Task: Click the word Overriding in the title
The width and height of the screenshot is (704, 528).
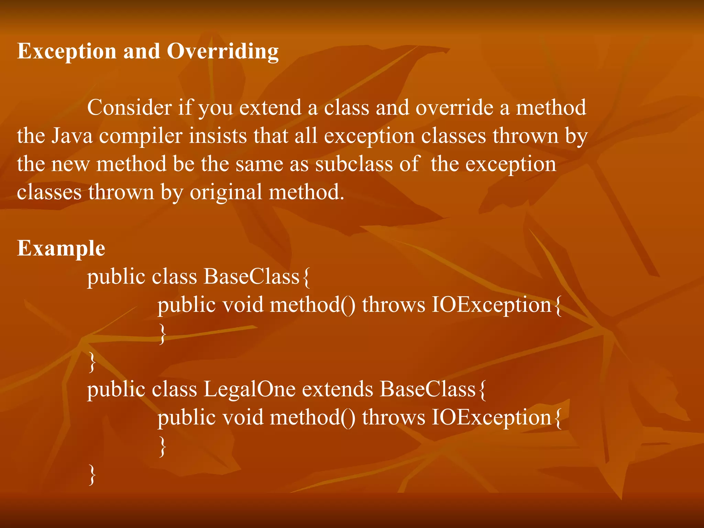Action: point(222,52)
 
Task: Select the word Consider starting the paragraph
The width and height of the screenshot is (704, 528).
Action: point(129,108)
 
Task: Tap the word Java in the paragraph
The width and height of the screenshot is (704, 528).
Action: point(72,136)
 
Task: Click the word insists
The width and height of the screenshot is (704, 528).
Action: point(218,136)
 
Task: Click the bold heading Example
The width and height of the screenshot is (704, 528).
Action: point(61,249)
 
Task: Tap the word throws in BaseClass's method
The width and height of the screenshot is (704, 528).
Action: point(394,305)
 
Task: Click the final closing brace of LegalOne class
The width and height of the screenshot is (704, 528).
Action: point(92,474)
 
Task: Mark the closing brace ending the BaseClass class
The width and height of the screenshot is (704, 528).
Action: point(92,362)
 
